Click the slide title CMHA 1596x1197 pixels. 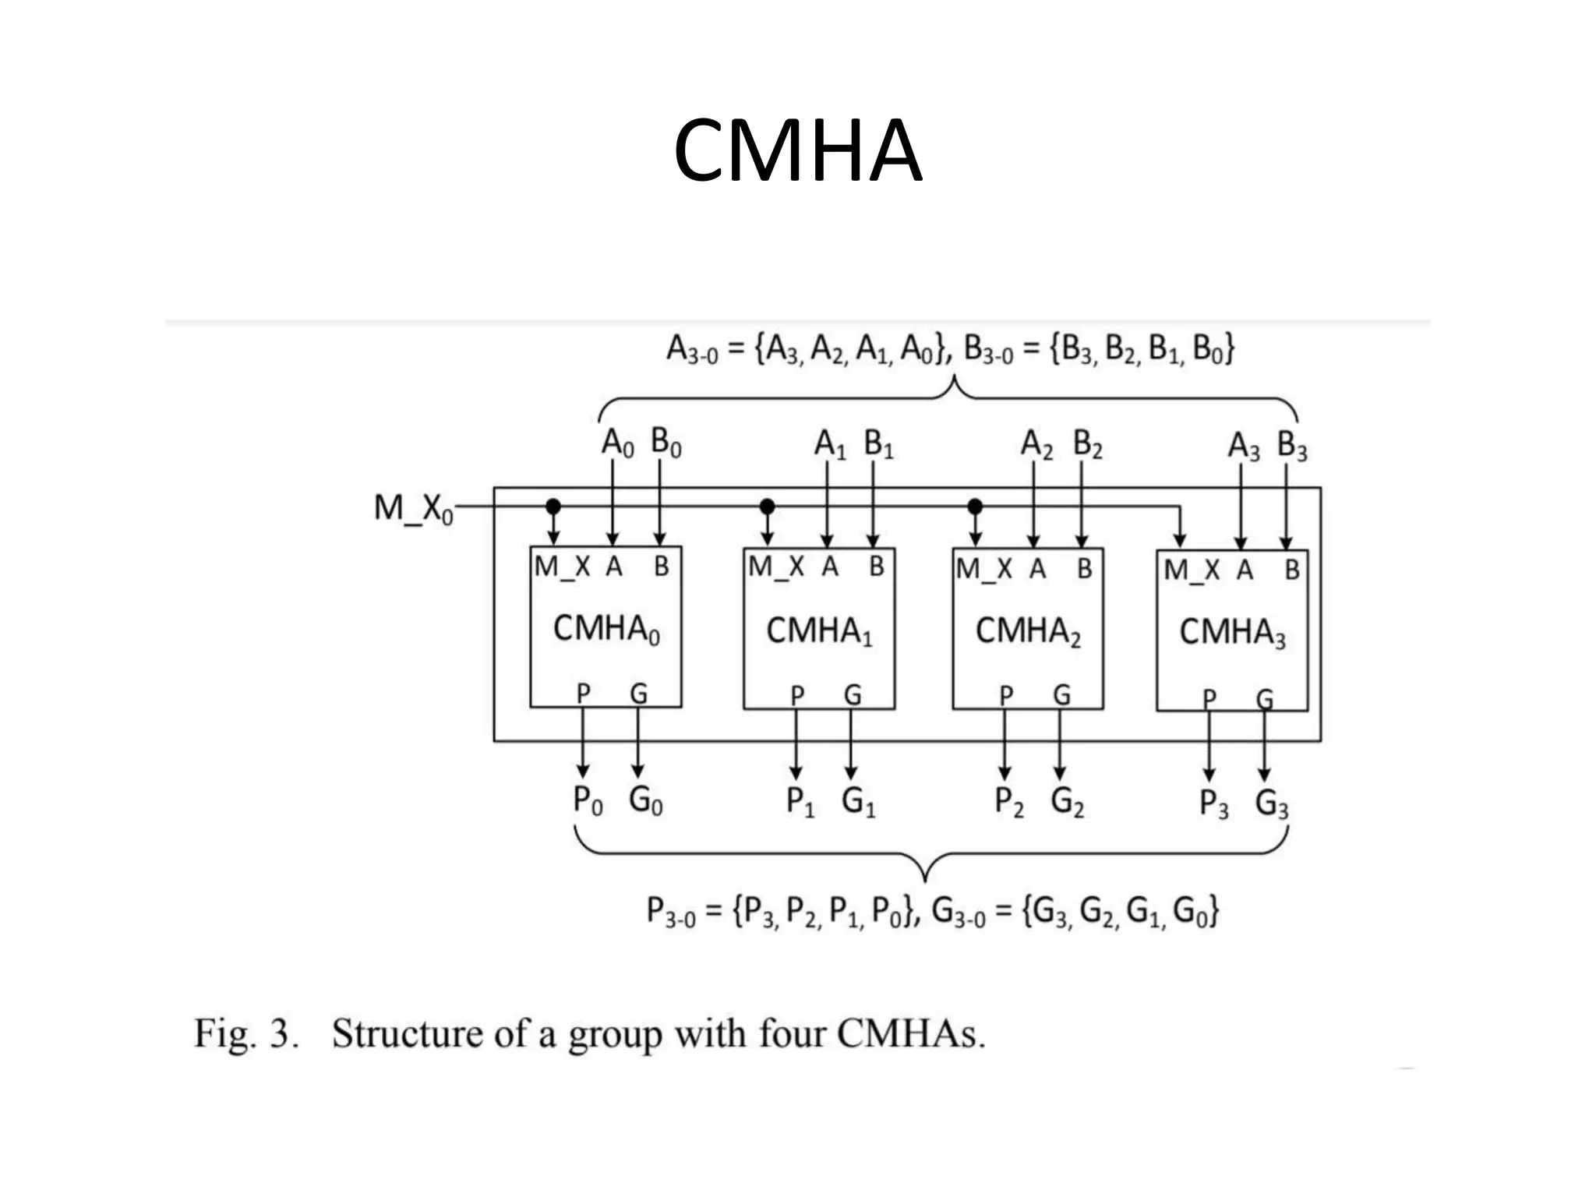[x=797, y=150]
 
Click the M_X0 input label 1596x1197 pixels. [x=412, y=509]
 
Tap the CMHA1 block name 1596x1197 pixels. [x=819, y=630]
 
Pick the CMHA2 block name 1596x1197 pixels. [x=1028, y=630]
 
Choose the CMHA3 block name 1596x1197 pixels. [x=1232, y=632]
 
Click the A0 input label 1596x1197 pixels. [x=617, y=443]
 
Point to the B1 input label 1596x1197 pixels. [x=878, y=444]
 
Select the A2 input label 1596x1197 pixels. [x=1036, y=444]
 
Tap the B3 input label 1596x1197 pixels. [x=1291, y=446]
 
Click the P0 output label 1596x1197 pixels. [x=588, y=800]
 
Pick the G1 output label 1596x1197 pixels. [x=858, y=802]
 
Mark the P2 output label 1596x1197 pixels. [x=1009, y=802]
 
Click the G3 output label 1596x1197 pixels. [x=1271, y=803]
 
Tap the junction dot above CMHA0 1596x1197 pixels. [x=553, y=507]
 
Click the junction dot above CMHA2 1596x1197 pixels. [x=975, y=507]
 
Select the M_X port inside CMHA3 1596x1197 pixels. [x=1191, y=570]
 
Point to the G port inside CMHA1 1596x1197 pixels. [x=853, y=694]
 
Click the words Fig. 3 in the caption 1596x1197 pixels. [x=246, y=1035]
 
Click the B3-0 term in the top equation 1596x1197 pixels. [x=988, y=350]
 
